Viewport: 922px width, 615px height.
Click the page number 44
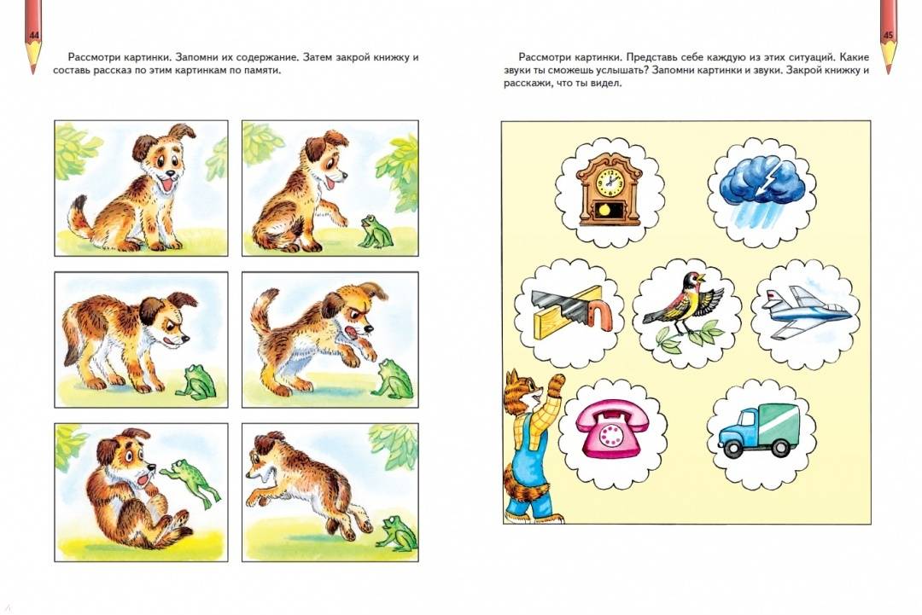coord(33,36)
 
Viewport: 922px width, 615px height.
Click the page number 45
coord(888,36)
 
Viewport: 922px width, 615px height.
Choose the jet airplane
coord(806,311)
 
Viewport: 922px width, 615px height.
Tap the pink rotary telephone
coord(611,427)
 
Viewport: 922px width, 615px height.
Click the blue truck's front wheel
coord(732,448)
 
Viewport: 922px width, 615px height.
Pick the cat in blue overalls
coord(526,446)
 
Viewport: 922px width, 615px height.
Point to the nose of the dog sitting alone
coord(170,174)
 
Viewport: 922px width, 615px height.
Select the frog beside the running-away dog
coord(392,533)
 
